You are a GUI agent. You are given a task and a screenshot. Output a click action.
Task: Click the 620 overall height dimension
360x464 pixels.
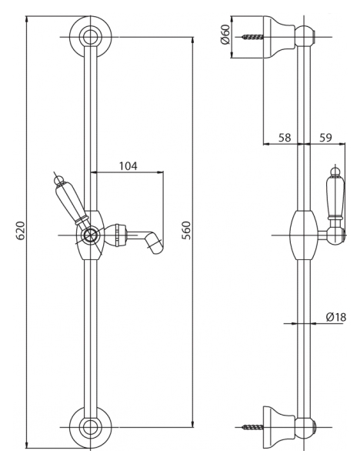pyautogui.click(x=21, y=230)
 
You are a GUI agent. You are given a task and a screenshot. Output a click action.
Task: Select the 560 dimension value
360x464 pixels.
pyautogui.click(x=186, y=230)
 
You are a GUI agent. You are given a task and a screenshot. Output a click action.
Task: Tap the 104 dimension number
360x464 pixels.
pyautogui.click(x=128, y=166)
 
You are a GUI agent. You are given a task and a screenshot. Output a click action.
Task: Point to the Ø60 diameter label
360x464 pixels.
pyautogui.click(x=225, y=35)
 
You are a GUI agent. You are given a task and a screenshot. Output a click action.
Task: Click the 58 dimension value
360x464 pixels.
pyautogui.click(x=285, y=137)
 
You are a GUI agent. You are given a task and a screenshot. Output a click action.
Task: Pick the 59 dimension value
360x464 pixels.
pyautogui.click(x=325, y=137)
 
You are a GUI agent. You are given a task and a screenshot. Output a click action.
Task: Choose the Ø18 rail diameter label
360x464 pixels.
pyautogui.click(x=335, y=317)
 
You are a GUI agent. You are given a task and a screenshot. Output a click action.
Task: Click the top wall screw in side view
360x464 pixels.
pyautogui.click(x=252, y=37)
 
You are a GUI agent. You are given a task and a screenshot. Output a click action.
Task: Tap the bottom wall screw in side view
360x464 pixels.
pyautogui.click(x=252, y=427)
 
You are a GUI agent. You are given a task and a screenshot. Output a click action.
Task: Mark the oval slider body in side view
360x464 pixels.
pyautogui.click(x=304, y=235)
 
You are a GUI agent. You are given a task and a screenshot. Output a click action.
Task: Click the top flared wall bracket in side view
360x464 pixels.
pyautogui.click(x=278, y=37)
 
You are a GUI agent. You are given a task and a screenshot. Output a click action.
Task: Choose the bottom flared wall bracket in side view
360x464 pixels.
pyautogui.click(x=278, y=427)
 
